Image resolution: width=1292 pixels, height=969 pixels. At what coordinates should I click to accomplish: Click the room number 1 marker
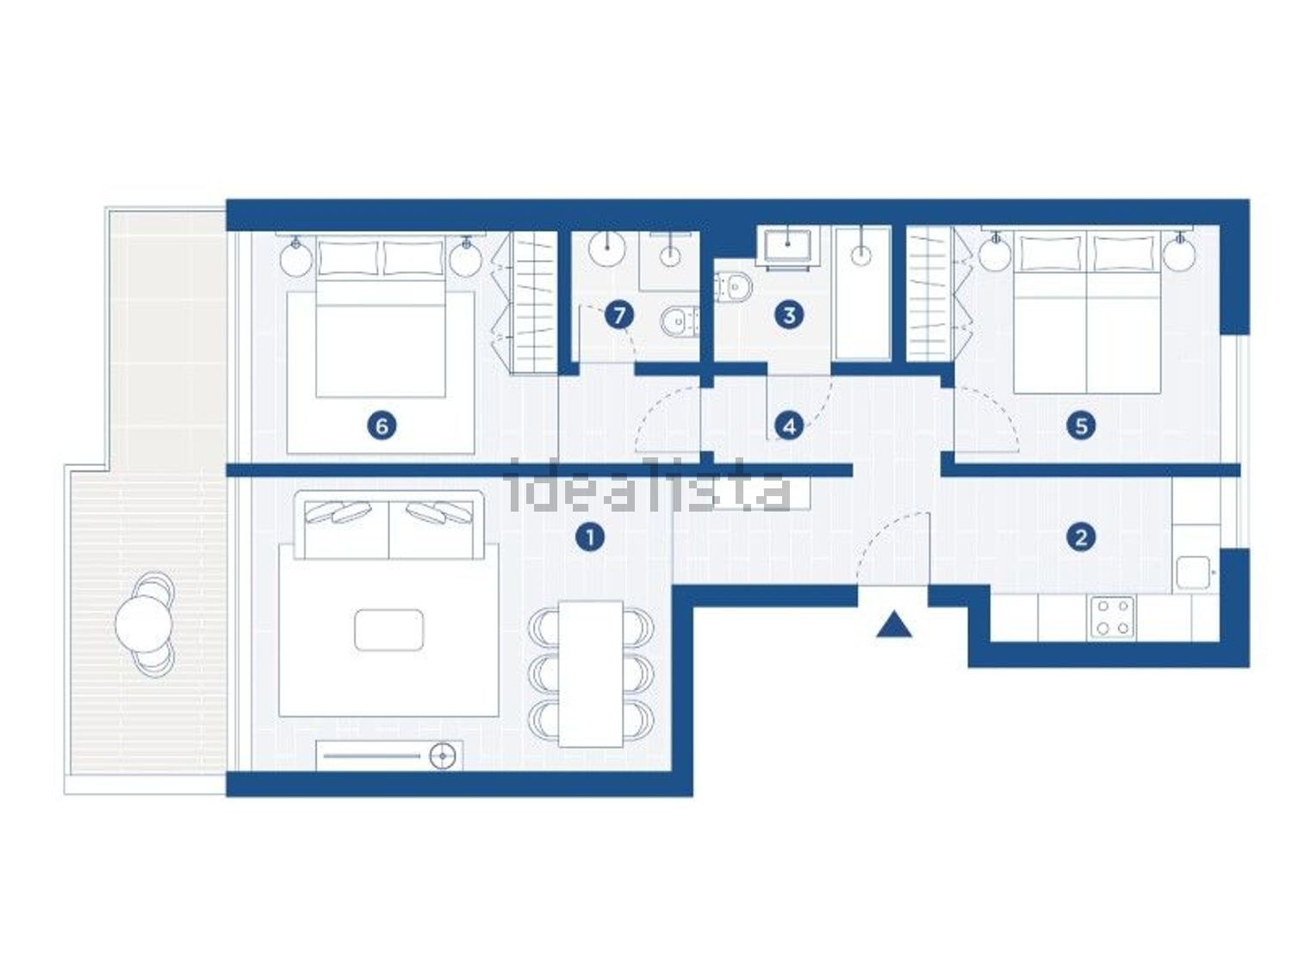click(590, 537)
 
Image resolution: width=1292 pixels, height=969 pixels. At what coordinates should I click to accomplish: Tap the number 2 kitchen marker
click(1081, 537)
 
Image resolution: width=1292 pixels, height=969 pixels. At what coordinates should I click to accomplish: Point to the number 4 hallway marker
click(789, 425)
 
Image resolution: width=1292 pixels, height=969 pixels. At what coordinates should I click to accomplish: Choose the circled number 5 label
click(1081, 425)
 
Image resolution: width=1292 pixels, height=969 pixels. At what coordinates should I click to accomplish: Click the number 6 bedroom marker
click(382, 425)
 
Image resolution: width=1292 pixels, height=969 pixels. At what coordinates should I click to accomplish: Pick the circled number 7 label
click(619, 315)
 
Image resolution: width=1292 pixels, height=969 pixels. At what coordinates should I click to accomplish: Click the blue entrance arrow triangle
click(894, 624)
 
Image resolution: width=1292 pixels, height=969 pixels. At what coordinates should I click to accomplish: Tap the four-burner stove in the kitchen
click(1113, 617)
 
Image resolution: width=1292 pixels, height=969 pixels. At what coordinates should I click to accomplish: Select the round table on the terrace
click(142, 624)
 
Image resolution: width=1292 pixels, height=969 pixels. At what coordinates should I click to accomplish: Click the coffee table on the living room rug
click(388, 630)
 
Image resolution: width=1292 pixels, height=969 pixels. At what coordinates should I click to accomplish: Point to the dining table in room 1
click(590, 674)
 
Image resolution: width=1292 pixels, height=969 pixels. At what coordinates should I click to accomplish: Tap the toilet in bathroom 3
click(733, 287)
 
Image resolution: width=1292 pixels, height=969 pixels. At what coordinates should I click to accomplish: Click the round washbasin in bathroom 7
click(606, 249)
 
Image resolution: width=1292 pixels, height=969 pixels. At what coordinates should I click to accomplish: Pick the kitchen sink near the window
click(1193, 573)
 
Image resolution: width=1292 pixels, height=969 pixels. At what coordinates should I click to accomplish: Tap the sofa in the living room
click(388, 525)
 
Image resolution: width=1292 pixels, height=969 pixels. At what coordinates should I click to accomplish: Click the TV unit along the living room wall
click(389, 755)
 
